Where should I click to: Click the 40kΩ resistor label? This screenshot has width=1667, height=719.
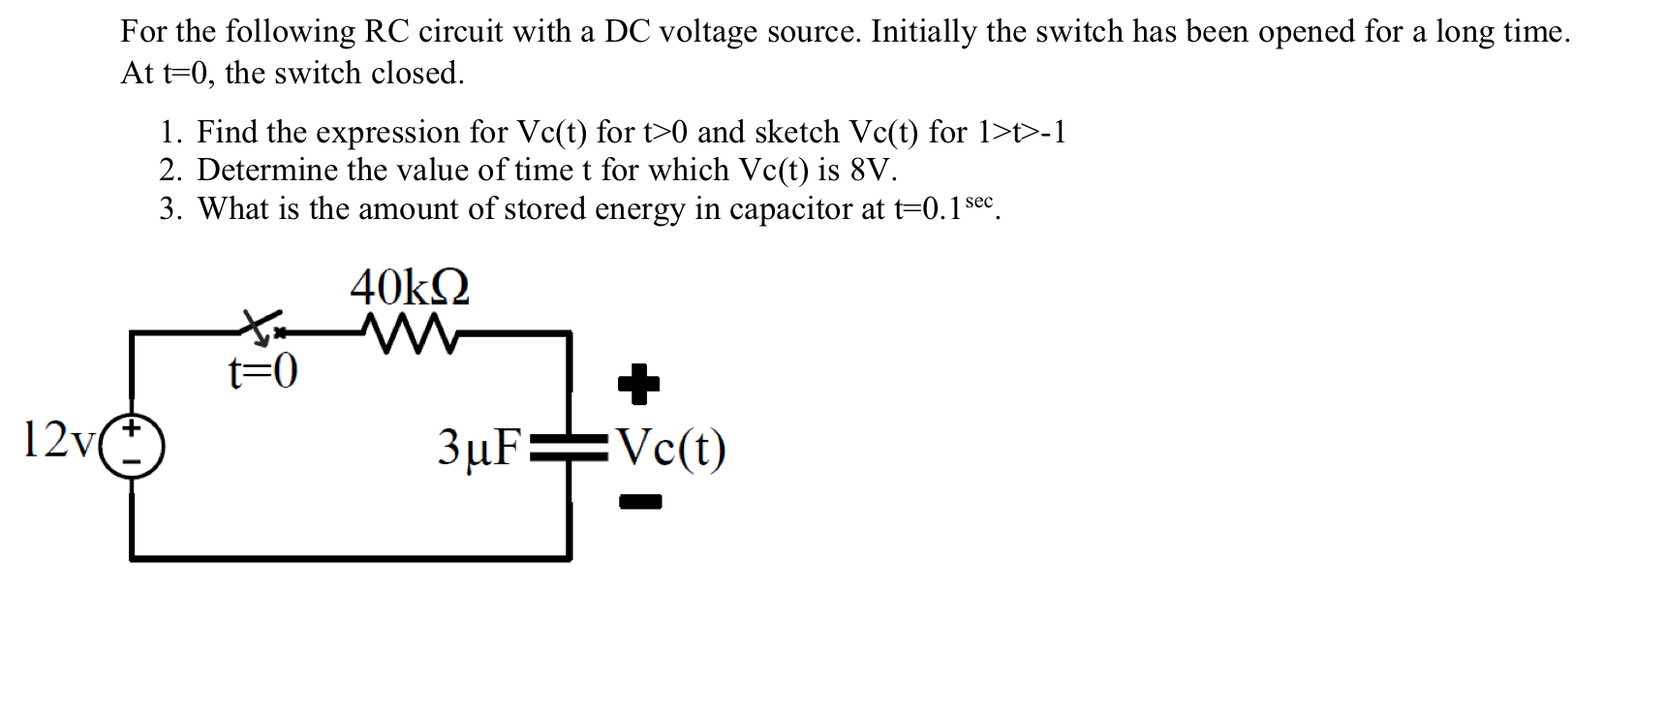(410, 287)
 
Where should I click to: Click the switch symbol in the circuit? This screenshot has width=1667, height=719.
(262, 328)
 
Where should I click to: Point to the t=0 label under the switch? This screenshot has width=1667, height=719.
(262, 371)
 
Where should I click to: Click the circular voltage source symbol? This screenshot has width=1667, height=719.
(133, 447)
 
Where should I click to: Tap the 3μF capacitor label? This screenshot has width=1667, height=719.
(478, 447)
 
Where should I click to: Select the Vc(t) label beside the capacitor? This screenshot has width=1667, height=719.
(671, 448)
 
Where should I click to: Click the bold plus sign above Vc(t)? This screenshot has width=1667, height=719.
(638, 386)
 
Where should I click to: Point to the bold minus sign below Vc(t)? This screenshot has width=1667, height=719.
(639, 502)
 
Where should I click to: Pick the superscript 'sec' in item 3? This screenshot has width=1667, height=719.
(979, 201)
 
